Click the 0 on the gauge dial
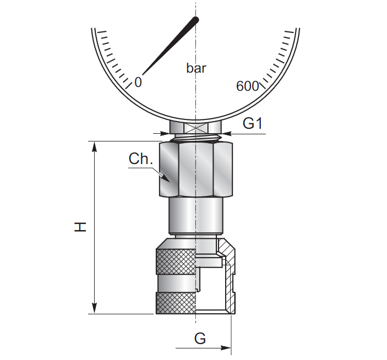(x=138, y=82)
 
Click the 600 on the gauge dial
(x=247, y=86)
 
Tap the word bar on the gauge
(x=196, y=68)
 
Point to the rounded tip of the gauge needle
(x=195, y=19)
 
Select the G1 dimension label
(x=253, y=123)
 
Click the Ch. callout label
(x=141, y=159)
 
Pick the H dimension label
(x=80, y=227)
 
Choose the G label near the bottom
(x=200, y=339)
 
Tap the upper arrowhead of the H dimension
(x=94, y=147)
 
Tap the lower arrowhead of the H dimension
(x=94, y=308)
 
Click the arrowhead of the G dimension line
(x=226, y=348)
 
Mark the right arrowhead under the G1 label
(x=227, y=134)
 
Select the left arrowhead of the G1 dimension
(x=165, y=134)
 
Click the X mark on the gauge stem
(x=196, y=128)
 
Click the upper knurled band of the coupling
(x=176, y=261)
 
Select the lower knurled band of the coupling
(x=176, y=303)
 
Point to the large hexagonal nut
(x=196, y=170)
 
